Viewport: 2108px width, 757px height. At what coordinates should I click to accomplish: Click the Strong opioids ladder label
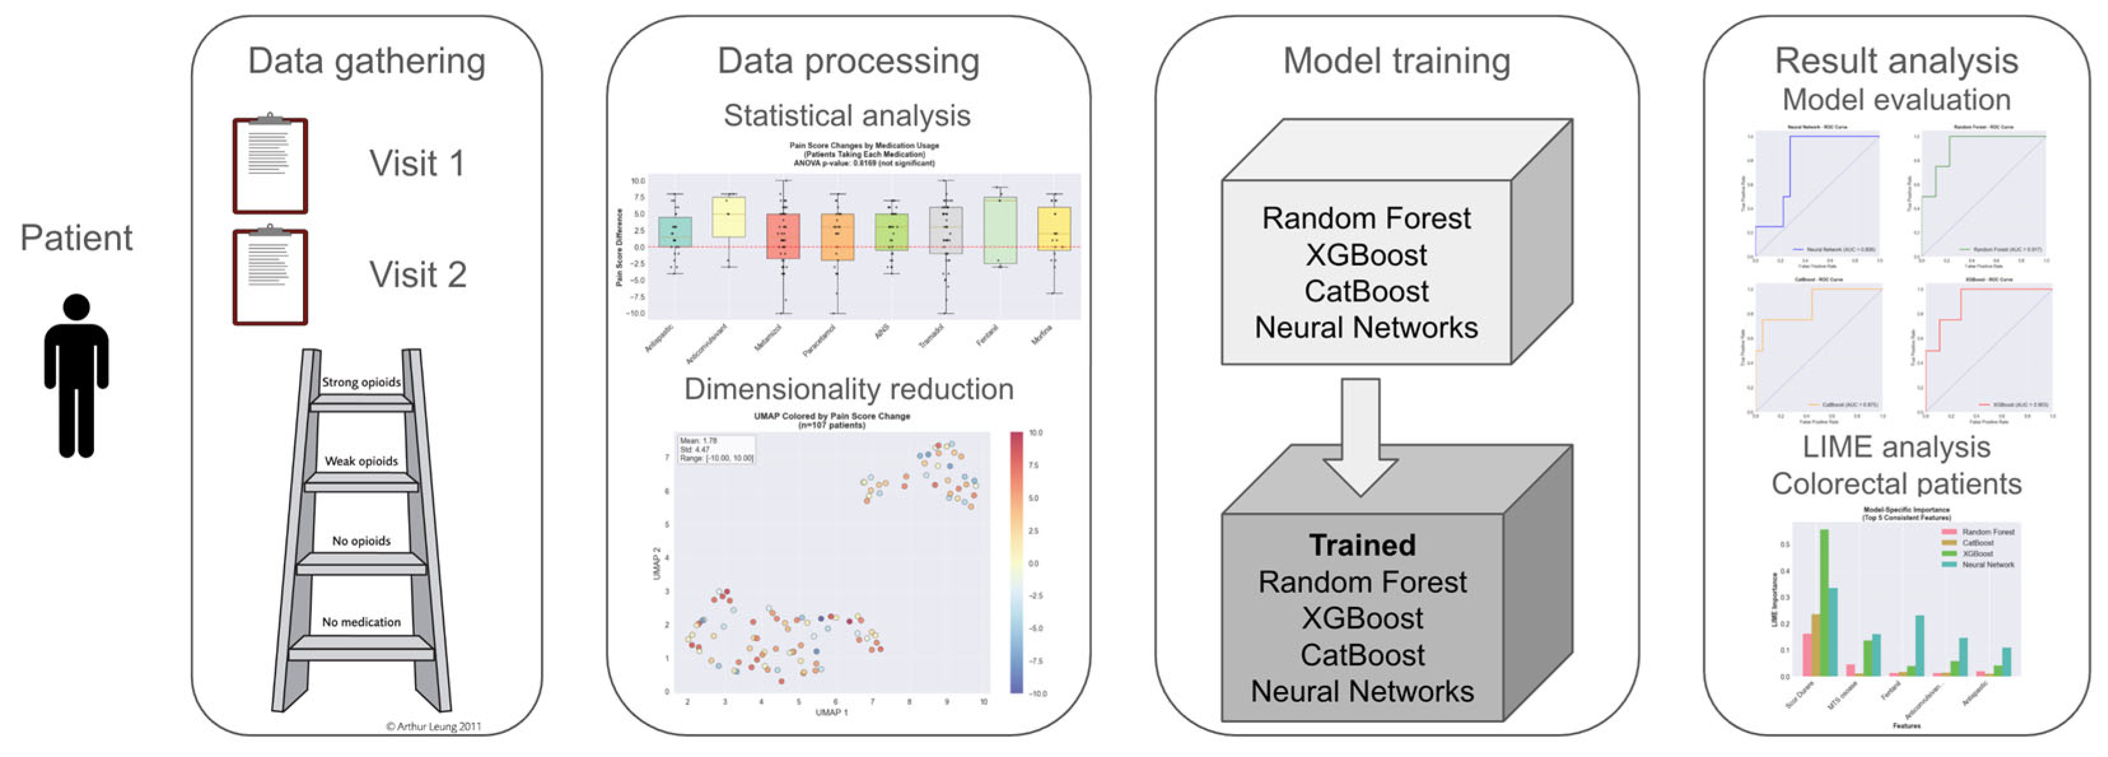pos(361,382)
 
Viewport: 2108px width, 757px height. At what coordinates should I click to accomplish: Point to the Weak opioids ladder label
pos(361,461)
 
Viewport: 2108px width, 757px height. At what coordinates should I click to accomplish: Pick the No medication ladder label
pos(361,622)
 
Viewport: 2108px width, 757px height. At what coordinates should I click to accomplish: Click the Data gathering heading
pos(366,61)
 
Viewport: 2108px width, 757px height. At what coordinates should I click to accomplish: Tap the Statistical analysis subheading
pos(847,115)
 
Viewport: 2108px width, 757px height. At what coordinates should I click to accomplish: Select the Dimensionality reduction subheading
pos(849,389)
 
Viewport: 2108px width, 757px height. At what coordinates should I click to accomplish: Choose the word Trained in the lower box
pos(1362,545)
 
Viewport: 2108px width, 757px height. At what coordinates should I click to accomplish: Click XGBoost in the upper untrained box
pos(1366,255)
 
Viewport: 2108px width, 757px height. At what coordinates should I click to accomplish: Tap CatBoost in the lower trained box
pos(1362,655)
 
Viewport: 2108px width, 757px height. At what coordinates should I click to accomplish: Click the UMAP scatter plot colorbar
pos(1016,562)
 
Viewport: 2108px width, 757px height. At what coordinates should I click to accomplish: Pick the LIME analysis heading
pos(1896,447)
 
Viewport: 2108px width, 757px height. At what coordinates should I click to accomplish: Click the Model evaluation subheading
pos(1896,100)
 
